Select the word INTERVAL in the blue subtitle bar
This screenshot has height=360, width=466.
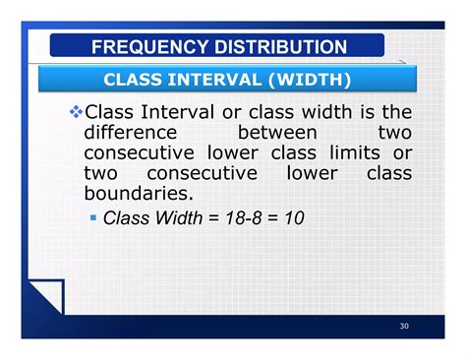coord(211,79)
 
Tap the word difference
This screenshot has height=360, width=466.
coord(130,133)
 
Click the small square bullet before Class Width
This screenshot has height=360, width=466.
coord(94,216)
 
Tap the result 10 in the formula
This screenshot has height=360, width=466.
coord(293,217)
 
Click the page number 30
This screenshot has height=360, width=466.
coord(405,327)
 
